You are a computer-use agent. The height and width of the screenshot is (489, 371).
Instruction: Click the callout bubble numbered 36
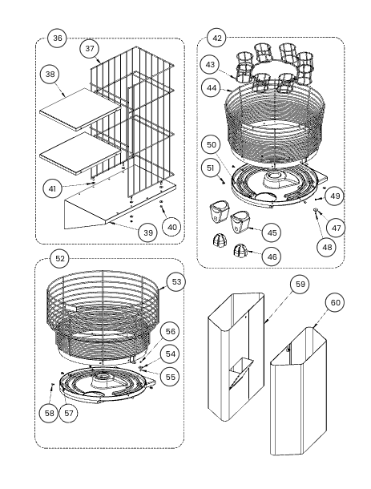click(58, 38)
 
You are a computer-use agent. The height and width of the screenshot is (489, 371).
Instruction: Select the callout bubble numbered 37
click(90, 49)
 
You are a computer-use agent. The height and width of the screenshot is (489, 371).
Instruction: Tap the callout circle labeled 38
click(50, 75)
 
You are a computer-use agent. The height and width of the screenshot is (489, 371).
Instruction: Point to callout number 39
click(148, 232)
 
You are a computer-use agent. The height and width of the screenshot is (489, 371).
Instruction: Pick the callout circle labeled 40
click(172, 227)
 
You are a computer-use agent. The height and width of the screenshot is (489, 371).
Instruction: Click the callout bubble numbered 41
click(53, 188)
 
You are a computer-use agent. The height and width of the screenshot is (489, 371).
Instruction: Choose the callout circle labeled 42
click(217, 38)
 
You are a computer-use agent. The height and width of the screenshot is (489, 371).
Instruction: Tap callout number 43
click(211, 65)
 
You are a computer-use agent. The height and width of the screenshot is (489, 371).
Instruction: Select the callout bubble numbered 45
click(272, 232)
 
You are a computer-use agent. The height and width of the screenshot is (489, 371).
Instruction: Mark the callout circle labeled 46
click(272, 257)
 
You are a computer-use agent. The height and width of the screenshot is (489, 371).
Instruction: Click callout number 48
click(327, 247)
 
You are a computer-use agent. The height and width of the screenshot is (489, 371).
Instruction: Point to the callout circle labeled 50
click(211, 145)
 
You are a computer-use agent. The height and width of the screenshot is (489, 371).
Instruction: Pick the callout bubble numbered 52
click(60, 259)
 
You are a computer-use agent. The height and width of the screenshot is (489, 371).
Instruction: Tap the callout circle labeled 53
click(176, 282)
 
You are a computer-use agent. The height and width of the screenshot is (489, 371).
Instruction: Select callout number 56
click(170, 332)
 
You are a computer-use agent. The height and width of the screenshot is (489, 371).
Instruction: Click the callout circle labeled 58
click(49, 413)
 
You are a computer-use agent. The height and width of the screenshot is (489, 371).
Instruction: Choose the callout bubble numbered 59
click(300, 284)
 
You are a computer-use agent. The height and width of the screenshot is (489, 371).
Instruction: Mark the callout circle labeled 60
click(335, 302)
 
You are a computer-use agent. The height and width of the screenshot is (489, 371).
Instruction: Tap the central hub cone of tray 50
click(275, 180)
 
